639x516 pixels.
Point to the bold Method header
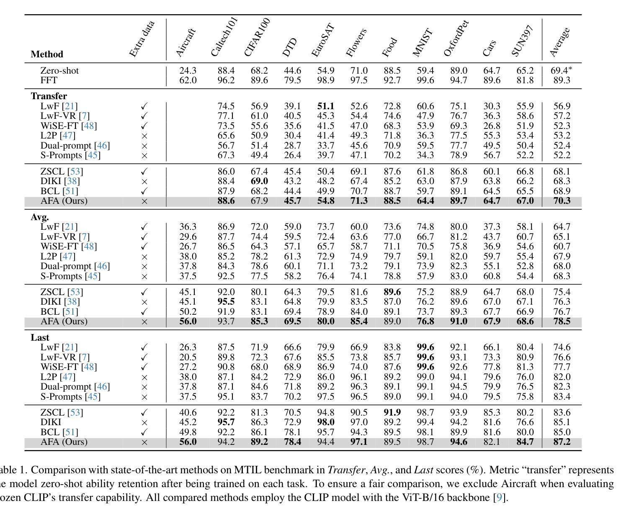click(47, 54)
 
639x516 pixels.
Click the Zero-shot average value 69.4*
click(561, 70)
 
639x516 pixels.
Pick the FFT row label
click(49, 80)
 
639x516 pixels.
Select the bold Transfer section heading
click(49, 96)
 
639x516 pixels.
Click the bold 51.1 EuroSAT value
click(325, 106)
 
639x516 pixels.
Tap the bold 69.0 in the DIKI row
click(259, 181)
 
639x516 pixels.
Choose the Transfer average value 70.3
click(562, 200)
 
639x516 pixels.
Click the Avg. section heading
click(40, 217)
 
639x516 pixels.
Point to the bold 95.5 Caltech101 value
click(226, 301)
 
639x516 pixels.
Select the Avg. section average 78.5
click(562, 321)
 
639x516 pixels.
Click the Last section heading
click(40, 337)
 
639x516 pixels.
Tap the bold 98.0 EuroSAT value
click(325, 422)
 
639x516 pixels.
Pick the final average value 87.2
click(562, 442)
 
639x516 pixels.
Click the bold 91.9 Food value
click(392, 412)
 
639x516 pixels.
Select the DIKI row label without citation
click(51, 422)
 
